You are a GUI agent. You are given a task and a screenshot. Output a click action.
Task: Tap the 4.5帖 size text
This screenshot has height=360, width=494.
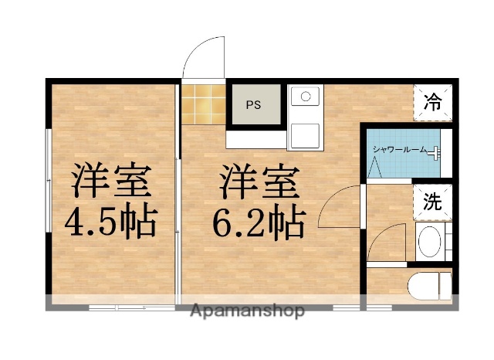(x=111, y=222)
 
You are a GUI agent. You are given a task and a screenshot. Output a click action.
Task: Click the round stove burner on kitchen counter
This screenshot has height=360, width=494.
(x=306, y=97)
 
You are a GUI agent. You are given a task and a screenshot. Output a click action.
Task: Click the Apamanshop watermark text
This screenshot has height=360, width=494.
(x=247, y=311)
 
